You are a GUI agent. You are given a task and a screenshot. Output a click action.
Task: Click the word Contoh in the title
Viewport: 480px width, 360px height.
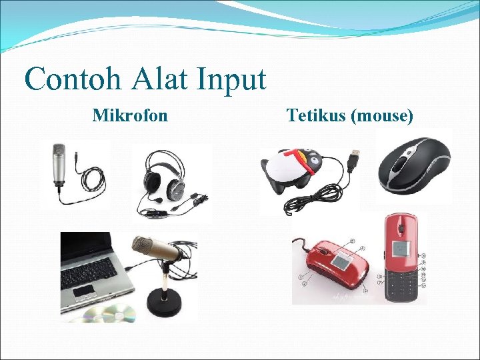tap(74, 79)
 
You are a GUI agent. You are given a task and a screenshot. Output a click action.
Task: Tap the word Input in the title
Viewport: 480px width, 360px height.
tap(231, 79)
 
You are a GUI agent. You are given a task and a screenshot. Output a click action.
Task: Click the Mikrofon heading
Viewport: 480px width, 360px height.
tap(130, 116)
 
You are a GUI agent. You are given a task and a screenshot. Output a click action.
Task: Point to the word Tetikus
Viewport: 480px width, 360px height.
tap(317, 116)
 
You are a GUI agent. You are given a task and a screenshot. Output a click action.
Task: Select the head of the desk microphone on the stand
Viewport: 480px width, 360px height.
tap(156, 249)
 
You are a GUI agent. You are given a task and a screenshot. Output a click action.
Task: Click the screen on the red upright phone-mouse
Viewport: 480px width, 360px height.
tap(400, 248)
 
